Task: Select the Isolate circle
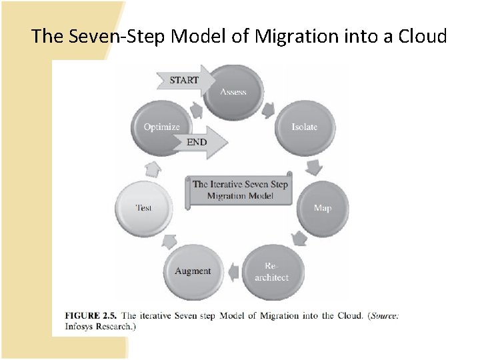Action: pos(303,127)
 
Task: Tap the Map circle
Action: pos(322,207)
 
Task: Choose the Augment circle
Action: pos(192,271)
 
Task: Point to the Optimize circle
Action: pos(162,127)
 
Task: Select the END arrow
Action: pos(199,142)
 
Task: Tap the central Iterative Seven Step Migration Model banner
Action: pos(240,189)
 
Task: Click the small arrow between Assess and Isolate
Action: pos(269,109)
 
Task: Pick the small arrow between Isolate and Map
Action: pos(313,165)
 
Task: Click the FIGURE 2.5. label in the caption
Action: pos(91,315)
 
